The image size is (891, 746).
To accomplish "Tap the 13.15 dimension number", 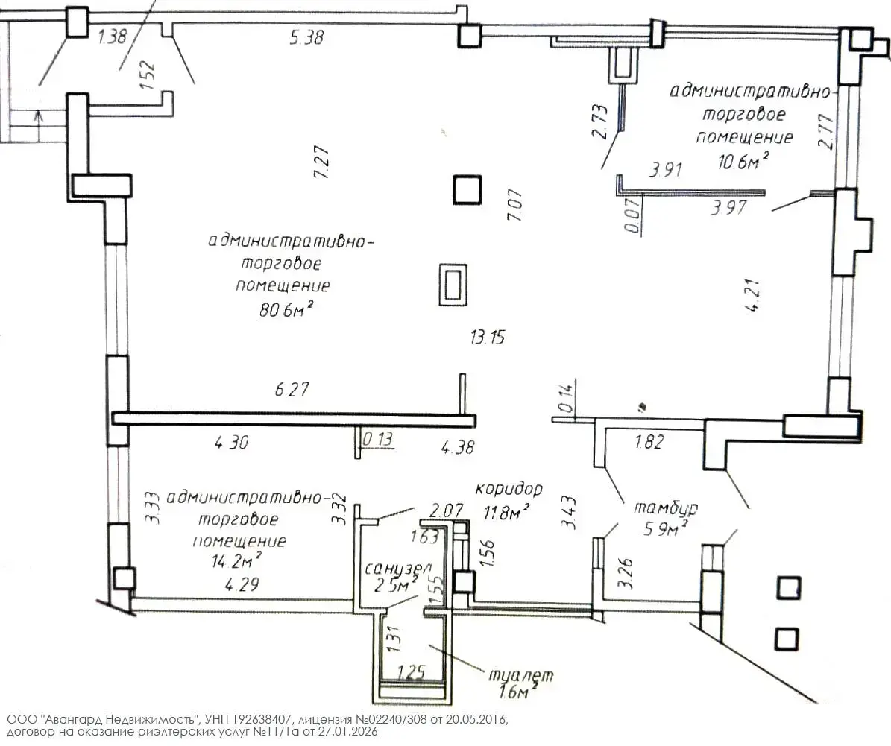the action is (x=488, y=338).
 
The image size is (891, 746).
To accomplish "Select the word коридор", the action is (x=509, y=489).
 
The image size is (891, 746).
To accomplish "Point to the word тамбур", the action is (x=665, y=508).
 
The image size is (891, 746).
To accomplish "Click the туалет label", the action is (x=520, y=675).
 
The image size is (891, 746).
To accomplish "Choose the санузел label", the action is (x=397, y=568).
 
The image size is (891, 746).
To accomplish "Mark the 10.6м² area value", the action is (x=743, y=162).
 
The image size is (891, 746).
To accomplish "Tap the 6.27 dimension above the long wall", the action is (x=292, y=389).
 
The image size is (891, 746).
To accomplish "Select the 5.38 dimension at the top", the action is (x=307, y=37).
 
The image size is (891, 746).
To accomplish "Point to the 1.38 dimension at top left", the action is (x=113, y=37).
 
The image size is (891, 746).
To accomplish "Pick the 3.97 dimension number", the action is (x=729, y=207).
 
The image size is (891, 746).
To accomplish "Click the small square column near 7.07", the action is (x=467, y=190).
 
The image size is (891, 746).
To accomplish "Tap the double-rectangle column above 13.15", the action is (x=453, y=285).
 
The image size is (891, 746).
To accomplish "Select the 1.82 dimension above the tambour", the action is (x=649, y=441).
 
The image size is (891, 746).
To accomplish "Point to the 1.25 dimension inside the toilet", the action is (x=411, y=672).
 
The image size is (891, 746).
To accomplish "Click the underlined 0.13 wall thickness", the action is (x=377, y=439).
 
